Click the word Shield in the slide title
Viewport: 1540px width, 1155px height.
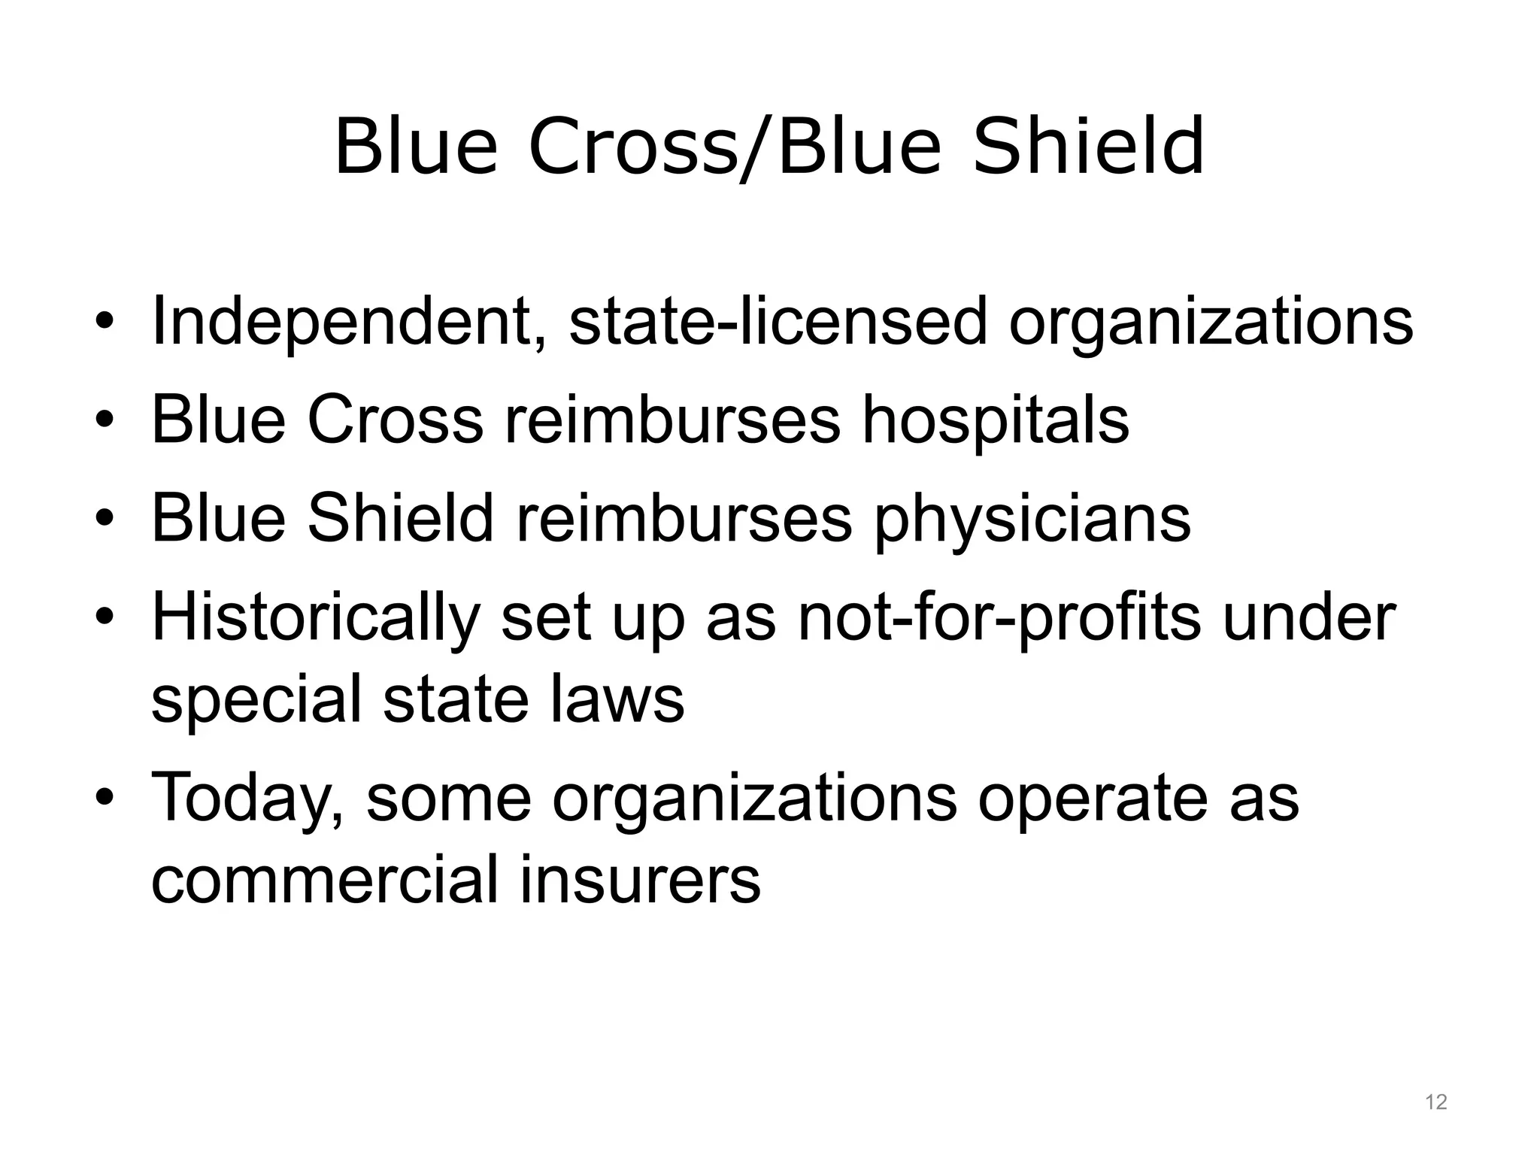pos(1088,147)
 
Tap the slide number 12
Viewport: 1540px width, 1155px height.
pos(1435,1102)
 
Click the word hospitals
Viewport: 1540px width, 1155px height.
pos(995,420)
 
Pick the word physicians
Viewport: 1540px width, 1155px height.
pos(1032,520)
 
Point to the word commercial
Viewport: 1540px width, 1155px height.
pos(325,880)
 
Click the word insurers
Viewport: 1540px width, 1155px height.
pos(640,880)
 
